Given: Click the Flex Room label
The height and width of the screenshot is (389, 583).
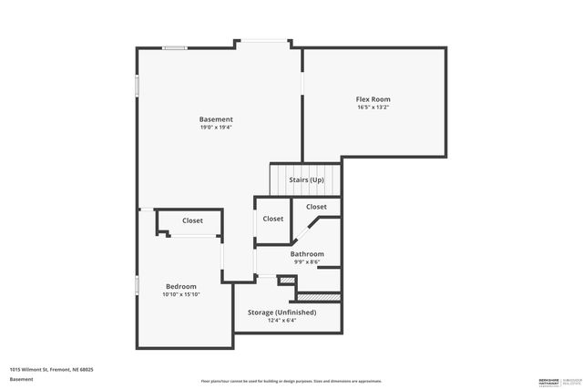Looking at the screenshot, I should coord(373,98).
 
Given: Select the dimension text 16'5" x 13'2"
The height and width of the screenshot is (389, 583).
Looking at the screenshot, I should coord(373,107).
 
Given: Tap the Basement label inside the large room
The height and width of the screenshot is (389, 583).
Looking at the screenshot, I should coord(216,119).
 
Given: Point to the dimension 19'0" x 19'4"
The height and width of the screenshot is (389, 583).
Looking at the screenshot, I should coord(216,128).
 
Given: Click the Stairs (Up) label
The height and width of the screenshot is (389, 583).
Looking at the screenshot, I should coord(306,179).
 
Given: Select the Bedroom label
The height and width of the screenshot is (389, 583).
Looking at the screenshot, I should coord(180,286).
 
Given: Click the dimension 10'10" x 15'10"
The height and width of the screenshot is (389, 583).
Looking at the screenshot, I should coord(180,294).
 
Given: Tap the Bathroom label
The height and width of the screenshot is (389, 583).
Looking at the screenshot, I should coord(307,253).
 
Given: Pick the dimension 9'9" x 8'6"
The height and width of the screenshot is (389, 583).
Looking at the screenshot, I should coord(307,261).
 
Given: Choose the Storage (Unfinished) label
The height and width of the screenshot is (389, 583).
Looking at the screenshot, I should coord(282,312).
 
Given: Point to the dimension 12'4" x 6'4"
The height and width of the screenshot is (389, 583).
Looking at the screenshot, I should coord(282,321).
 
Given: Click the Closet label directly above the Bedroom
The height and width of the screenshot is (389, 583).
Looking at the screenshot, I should coord(192,220).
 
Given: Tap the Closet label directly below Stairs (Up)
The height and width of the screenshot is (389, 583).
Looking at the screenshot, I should coord(316,207).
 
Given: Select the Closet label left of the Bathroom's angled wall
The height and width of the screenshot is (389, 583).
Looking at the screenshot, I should coord(272,219).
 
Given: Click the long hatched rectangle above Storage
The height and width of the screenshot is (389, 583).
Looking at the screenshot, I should coord(319,296).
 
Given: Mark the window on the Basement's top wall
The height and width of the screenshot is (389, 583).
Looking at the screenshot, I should coord(175,48).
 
